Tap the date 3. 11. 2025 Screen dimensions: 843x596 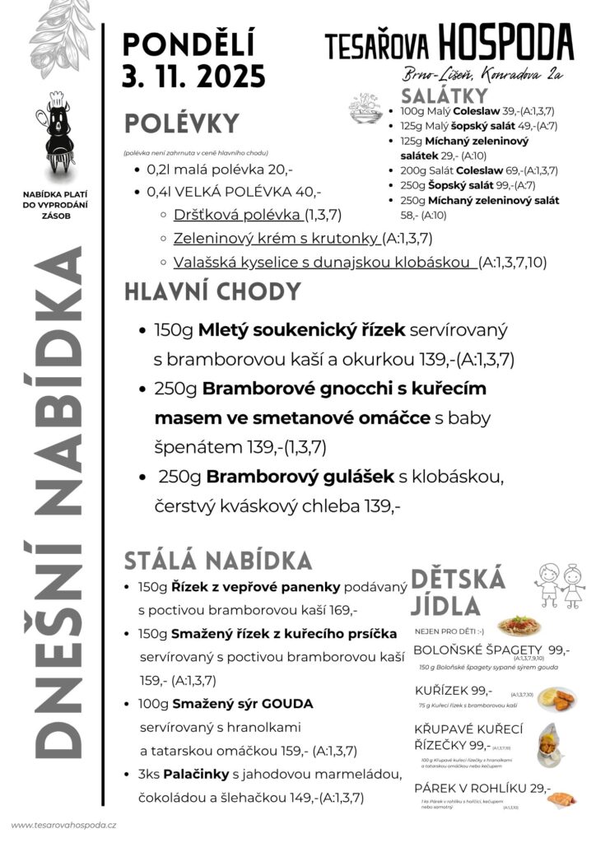point(194,77)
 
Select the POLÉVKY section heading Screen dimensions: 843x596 point(182,124)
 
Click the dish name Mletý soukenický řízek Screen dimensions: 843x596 point(302,330)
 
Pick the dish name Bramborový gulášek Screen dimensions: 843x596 point(300,476)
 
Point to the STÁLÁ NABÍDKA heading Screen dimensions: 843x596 point(218,561)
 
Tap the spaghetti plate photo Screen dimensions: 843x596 point(519,625)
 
